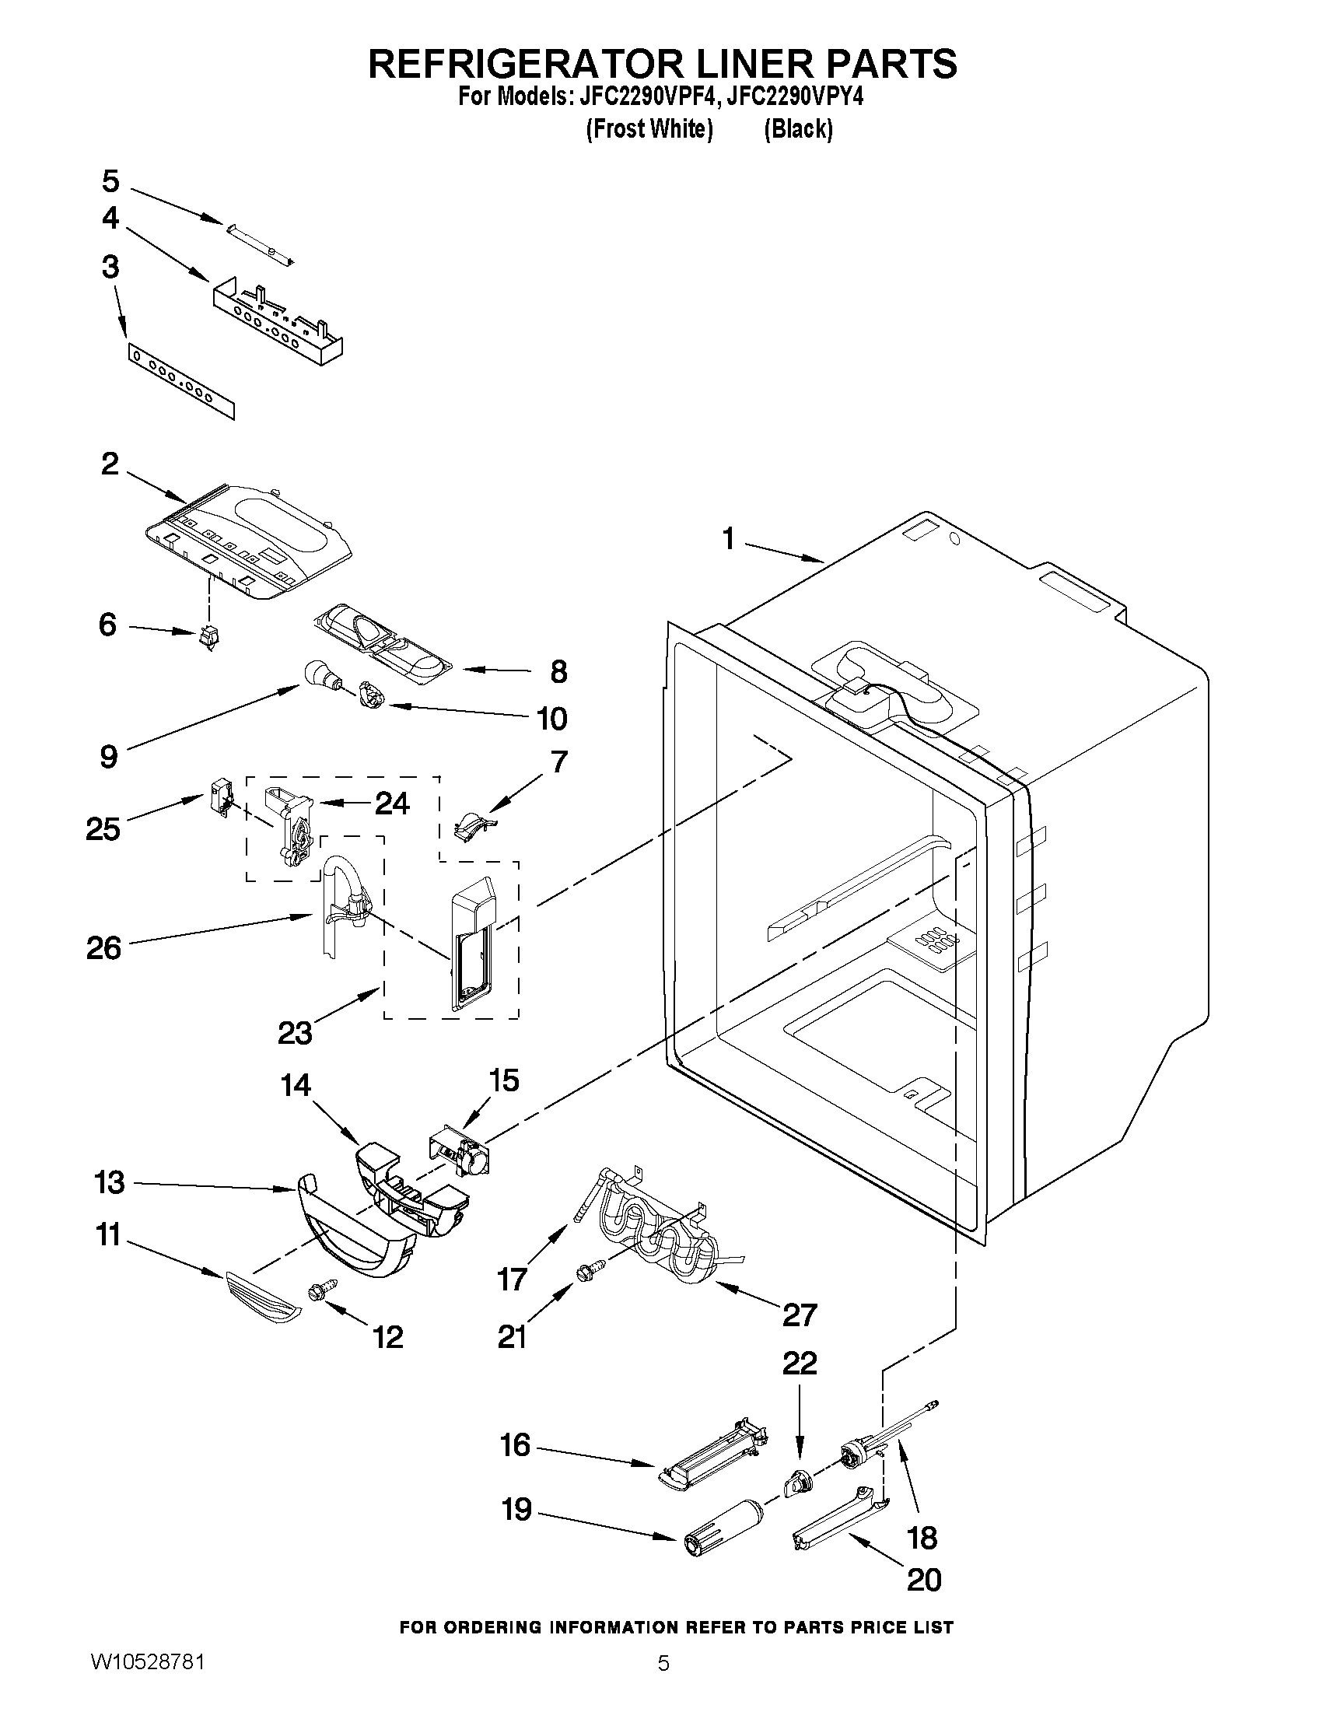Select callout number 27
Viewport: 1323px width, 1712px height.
(800, 1315)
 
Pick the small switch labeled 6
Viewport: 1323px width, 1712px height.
(208, 639)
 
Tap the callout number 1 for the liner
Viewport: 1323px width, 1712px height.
(728, 538)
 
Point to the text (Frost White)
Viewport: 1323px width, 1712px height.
(649, 128)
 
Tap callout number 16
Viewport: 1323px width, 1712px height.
(515, 1444)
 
